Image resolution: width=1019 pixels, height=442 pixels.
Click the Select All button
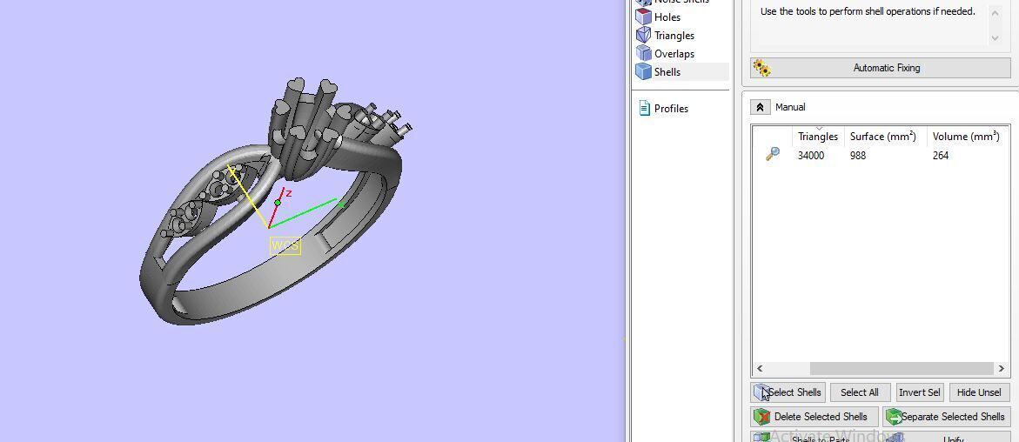(x=859, y=392)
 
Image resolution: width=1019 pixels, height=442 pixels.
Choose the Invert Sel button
(x=919, y=392)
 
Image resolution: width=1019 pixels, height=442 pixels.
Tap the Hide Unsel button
(x=979, y=392)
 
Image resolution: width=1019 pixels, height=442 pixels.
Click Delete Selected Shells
(x=814, y=417)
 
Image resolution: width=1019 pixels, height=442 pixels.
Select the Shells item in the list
(x=667, y=72)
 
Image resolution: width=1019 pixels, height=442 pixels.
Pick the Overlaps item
(x=674, y=54)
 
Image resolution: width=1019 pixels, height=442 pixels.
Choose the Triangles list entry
(x=674, y=36)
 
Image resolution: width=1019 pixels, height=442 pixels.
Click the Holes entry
(x=667, y=17)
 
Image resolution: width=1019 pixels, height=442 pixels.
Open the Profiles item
(x=670, y=109)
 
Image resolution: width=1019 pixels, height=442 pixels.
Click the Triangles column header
(x=817, y=137)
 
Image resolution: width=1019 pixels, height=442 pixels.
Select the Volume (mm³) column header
(x=965, y=137)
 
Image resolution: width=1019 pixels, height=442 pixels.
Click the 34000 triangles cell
(x=810, y=156)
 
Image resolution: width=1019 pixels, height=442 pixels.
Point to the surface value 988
(x=858, y=156)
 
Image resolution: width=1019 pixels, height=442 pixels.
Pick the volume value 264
(x=940, y=156)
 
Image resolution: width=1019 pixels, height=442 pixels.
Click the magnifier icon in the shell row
(x=772, y=155)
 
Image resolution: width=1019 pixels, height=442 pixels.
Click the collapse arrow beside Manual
(x=760, y=107)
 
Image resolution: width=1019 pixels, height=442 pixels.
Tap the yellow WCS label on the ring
(x=285, y=246)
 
